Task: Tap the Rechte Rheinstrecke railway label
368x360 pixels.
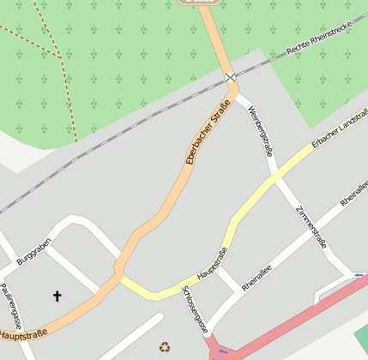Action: tap(319, 38)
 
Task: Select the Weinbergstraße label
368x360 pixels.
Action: tap(260, 131)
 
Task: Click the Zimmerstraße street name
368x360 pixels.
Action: tap(311, 227)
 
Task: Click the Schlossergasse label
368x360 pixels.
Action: tap(195, 309)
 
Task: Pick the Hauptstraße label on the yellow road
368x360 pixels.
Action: tap(213, 264)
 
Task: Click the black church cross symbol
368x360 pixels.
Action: tap(57, 297)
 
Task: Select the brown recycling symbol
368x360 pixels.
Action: tap(165, 346)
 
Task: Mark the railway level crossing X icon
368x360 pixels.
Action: tap(230, 78)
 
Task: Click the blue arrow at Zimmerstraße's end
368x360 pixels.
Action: tap(359, 275)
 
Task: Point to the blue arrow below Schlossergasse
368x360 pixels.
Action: tap(223, 351)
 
